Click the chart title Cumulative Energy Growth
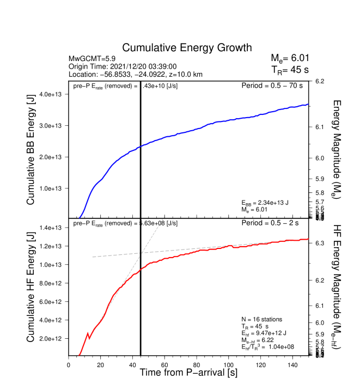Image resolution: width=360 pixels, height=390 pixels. (187, 48)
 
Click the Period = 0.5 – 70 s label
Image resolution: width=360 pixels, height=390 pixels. (274, 86)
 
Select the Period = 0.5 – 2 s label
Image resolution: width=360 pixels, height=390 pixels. (276, 223)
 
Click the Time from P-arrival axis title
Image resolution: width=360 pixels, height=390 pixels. (188, 373)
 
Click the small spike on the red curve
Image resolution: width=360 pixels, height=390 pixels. (88, 333)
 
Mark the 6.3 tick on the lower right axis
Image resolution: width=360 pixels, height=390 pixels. (319, 243)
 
